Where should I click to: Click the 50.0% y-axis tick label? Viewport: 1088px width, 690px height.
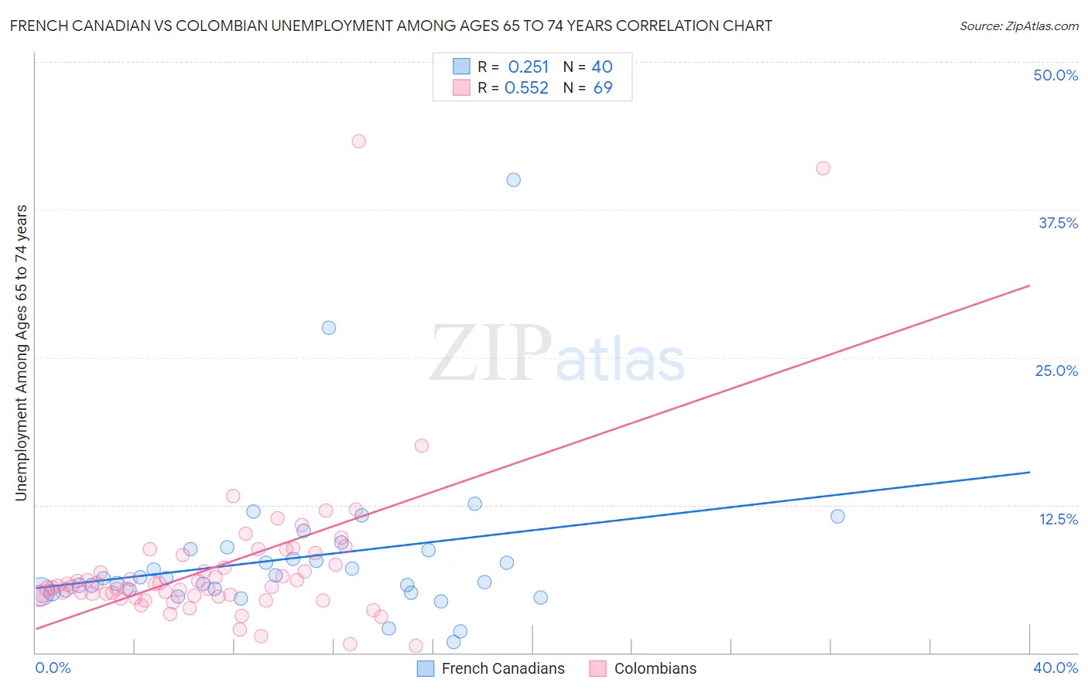click(x=1055, y=75)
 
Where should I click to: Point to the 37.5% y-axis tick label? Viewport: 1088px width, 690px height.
click(x=1058, y=223)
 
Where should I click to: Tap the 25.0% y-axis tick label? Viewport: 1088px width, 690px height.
click(x=1056, y=371)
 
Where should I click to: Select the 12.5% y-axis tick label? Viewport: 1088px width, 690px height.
click(x=1058, y=519)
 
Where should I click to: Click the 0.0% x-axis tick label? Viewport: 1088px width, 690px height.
click(x=53, y=668)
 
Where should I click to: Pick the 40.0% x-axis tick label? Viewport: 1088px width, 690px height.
click(x=1055, y=668)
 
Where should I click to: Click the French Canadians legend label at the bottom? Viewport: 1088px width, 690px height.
click(x=503, y=668)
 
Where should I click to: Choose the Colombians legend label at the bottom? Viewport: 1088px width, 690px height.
click(x=655, y=668)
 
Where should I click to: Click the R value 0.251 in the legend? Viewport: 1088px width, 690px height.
click(x=529, y=67)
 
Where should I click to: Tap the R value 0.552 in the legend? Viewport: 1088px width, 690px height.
click(x=526, y=88)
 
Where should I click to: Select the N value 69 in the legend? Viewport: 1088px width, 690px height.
click(x=603, y=88)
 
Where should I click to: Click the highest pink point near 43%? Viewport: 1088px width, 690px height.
click(x=358, y=141)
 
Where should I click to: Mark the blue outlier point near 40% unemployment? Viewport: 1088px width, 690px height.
click(x=513, y=179)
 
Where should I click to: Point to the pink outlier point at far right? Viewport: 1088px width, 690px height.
click(x=823, y=168)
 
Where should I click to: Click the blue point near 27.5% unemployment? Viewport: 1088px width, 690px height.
click(x=329, y=327)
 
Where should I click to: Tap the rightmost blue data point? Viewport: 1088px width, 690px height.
click(x=837, y=516)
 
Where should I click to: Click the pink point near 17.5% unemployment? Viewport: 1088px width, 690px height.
click(x=422, y=446)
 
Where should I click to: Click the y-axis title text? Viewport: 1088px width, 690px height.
click(x=21, y=353)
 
